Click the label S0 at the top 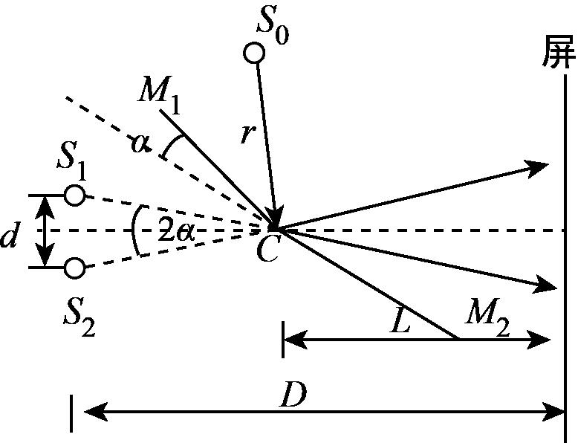[x=273, y=29]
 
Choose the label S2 [x=79, y=320]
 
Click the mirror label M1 [x=159, y=96]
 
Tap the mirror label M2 [x=487, y=318]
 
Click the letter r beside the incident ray [x=247, y=134]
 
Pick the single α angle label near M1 [x=141, y=143]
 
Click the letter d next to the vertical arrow [x=9, y=237]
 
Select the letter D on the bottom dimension [x=293, y=394]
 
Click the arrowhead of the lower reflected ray [x=544, y=284]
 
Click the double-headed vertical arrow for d [x=45, y=231]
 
